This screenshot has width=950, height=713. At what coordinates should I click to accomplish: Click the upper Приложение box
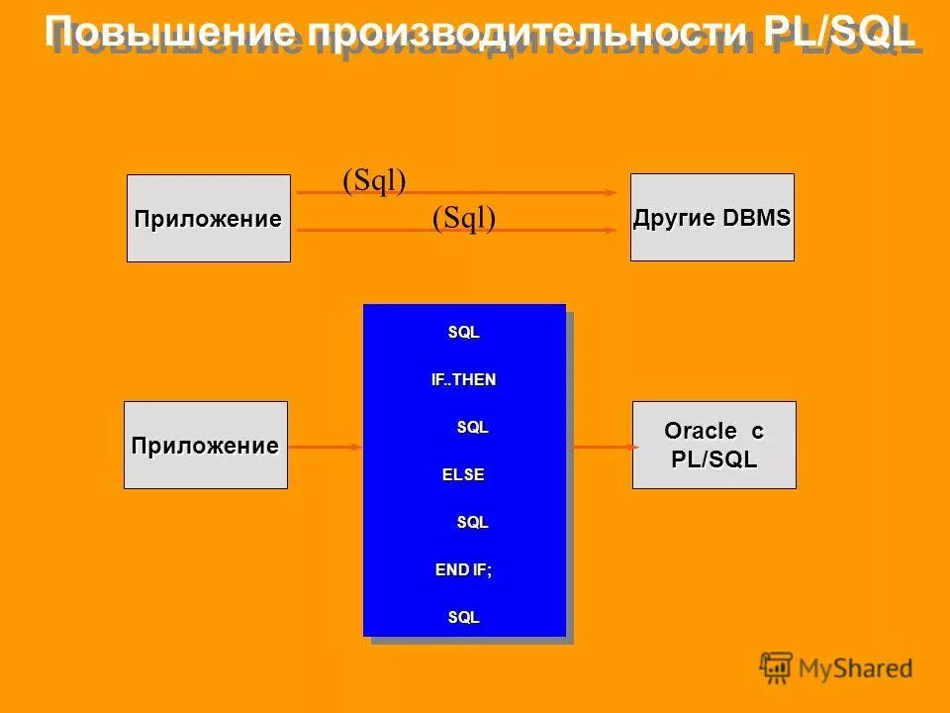(208, 219)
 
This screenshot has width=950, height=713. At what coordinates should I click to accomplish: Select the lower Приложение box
(205, 446)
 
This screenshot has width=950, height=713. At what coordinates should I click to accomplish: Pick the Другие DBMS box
(712, 218)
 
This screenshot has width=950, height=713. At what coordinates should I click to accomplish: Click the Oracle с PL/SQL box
(713, 445)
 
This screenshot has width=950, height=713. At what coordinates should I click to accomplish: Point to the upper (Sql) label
(374, 179)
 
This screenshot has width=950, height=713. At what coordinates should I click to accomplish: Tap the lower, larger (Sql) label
(463, 217)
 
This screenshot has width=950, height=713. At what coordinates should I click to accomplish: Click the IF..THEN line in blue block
(463, 380)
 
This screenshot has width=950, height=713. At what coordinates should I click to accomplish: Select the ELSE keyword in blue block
(463, 474)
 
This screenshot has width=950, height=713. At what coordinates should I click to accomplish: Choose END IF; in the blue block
(463, 569)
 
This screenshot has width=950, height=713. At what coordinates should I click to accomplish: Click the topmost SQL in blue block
(463, 333)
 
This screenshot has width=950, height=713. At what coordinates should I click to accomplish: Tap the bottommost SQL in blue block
(463, 617)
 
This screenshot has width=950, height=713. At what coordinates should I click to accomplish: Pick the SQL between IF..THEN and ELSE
(472, 428)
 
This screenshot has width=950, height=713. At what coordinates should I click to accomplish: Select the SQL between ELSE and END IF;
(472, 522)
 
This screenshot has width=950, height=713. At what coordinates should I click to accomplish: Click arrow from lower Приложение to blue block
(325, 448)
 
